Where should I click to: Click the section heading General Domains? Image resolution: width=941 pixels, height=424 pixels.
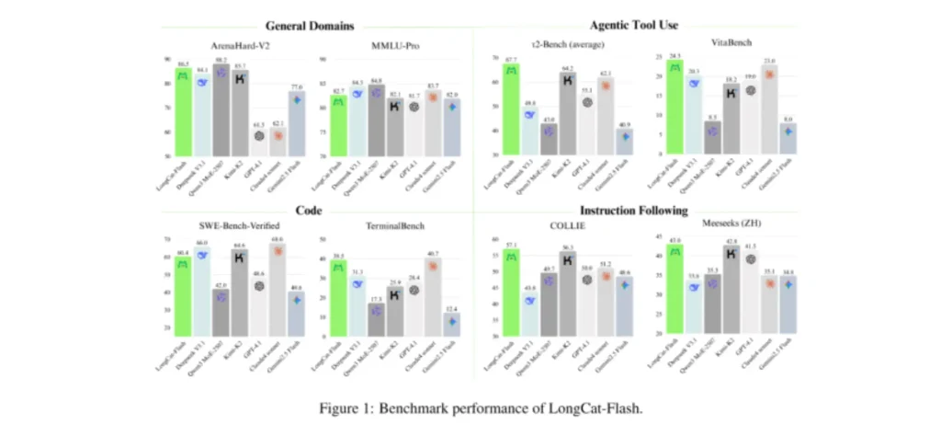[310, 26]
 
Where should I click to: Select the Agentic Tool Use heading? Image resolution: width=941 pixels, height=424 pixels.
[635, 26]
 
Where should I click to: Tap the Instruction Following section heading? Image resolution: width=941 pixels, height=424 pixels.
[634, 210]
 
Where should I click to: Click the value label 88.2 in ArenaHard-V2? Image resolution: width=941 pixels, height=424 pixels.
[221, 60]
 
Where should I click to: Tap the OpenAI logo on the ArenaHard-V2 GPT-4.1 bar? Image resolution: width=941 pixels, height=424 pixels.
[258, 136]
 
